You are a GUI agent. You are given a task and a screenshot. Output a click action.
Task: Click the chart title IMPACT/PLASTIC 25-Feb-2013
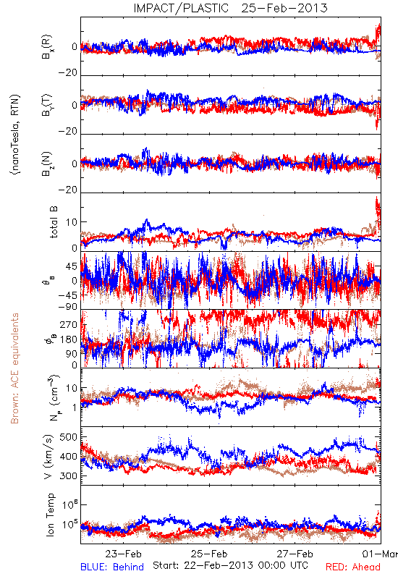(x=230, y=8)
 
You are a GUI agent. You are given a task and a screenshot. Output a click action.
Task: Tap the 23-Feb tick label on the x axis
(x=123, y=554)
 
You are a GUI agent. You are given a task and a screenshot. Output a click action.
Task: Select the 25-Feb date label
(x=209, y=554)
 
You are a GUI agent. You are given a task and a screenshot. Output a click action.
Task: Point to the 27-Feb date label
(x=295, y=554)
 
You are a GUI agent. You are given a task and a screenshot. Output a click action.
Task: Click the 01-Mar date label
(x=380, y=554)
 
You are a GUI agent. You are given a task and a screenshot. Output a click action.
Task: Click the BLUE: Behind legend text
(x=112, y=567)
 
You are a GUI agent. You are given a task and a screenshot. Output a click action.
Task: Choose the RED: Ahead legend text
(x=353, y=567)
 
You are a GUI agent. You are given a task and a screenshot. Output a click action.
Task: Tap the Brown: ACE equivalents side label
(x=14, y=368)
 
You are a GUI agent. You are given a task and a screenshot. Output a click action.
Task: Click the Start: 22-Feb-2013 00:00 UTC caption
(x=230, y=565)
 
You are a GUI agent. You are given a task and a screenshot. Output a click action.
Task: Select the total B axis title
(x=54, y=222)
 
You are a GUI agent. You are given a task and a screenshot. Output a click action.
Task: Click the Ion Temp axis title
(x=50, y=515)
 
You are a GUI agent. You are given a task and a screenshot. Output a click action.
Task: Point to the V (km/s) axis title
(x=49, y=457)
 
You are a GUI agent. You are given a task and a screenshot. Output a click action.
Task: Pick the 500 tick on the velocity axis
(x=69, y=437)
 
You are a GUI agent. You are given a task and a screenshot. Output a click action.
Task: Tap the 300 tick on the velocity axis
(x=69, y=476)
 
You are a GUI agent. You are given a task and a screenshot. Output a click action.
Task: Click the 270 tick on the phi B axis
(x=69, y=324)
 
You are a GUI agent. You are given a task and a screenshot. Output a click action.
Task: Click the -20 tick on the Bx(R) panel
(x=67, y=73)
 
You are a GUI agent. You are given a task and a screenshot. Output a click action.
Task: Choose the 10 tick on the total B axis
(x=72, y=222)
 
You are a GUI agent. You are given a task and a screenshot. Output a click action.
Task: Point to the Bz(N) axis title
(x=47, y=164)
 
